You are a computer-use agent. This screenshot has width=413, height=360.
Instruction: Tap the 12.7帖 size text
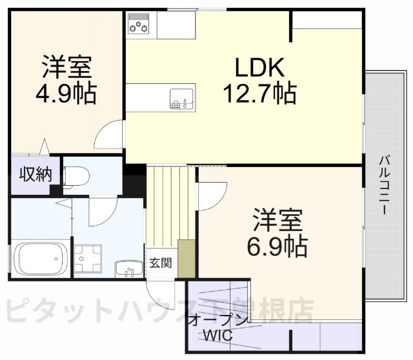pyautogui.click(x=259, y=94)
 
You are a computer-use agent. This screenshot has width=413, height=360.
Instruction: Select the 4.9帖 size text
pyautogui.click(x=66, y=94)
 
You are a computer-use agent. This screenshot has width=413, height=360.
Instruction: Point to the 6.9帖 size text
pyautogui.click(x=276, y=245)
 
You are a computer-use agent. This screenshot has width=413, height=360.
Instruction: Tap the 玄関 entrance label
pyautogui.click(x=160, y=263)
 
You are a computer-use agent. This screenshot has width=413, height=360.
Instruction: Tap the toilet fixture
pyautogui.click(x=78, y=175)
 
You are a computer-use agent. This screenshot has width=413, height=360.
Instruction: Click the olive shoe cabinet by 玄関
pyautogui.click(x=186, y=258)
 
